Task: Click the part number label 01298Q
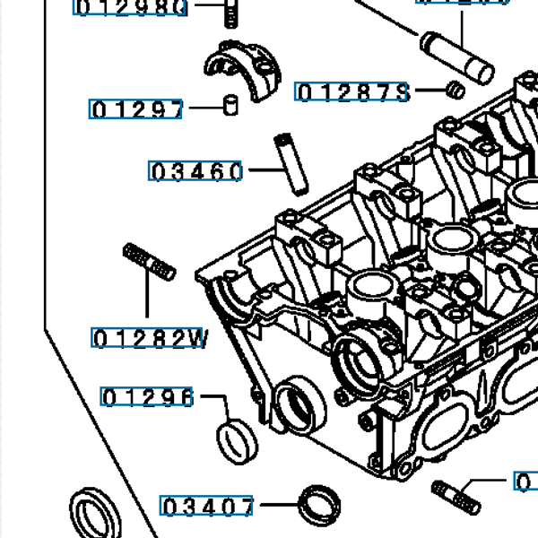[x=131, y=8]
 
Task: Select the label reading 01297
[x=137, y=109]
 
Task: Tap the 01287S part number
[x=351, y=92]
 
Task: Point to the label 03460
[x=195, y=170]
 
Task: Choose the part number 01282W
[x=150, y=338]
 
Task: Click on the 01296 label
[x=147, y=396]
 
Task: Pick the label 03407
[x=207, y=507]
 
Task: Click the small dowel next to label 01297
[x=230, y=105]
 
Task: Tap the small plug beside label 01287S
[x=455, y=90]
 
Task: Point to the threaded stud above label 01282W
[x=147, y=261]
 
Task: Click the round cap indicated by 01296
[x=237, y=438]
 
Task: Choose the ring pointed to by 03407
[x=317, y=504]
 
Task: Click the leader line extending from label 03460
[x=265, y=169]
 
